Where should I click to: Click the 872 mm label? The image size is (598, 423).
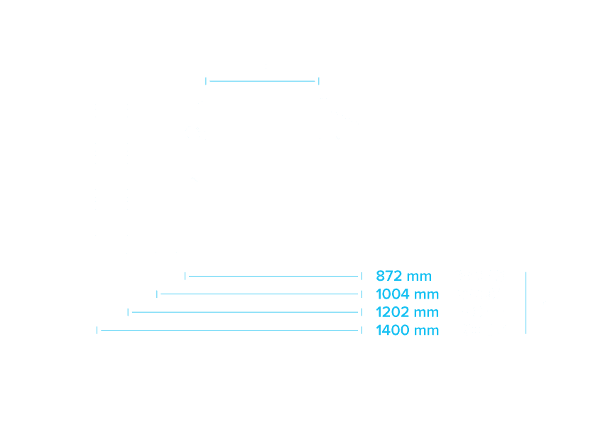[403, 276]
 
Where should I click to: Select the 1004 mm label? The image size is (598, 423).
[408, 294]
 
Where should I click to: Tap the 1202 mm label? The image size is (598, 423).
[408, 312]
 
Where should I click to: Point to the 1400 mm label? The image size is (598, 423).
[408, 331]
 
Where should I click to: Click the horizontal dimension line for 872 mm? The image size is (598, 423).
[273, 276]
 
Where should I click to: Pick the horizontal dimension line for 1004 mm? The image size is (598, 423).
[259, 294]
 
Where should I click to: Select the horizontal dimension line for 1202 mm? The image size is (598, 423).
[245, 312]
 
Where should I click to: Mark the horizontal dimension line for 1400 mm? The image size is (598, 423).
[229, 331]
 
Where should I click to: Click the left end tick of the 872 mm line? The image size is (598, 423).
[185, 276]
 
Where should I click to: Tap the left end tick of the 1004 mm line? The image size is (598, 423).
[157, 294]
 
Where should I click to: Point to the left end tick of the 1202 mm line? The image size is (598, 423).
[128, 312]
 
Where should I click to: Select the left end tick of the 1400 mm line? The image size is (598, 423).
[97, 331]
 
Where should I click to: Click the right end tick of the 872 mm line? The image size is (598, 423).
[361, 276]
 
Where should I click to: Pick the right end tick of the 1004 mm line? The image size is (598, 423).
[361, 294]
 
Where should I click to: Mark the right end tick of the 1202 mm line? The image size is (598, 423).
[361, 312]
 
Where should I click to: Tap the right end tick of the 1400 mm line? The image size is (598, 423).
[361, 331]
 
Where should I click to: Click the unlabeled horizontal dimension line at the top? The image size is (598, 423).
[262, 81]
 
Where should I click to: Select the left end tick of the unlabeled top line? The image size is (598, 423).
[205, 81]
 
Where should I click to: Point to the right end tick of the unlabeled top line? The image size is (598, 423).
[318, 81]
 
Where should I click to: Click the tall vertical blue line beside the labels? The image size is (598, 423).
[526, 303]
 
